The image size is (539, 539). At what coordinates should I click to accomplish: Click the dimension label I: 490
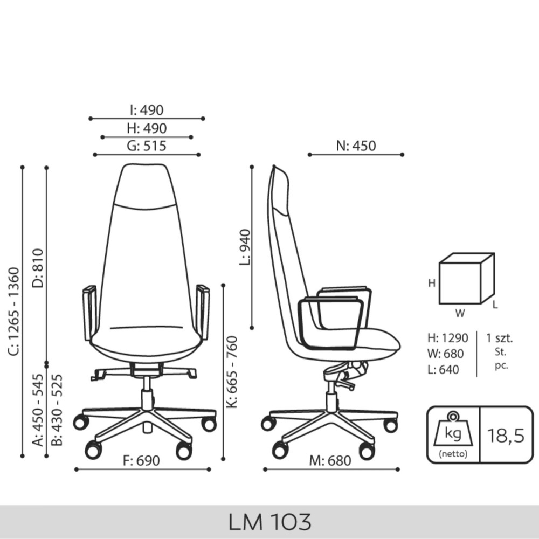click(147, 110)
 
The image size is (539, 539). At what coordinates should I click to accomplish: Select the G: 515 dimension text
click(147, 146)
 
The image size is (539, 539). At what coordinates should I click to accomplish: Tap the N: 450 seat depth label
click(356, 146)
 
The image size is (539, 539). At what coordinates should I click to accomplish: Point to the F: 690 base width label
click(141, 461)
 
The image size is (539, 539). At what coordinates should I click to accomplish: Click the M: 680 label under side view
click(330, 461)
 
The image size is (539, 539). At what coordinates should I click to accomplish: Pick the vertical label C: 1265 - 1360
click(16, 312)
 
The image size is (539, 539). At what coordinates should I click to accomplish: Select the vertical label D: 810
click(38, 268)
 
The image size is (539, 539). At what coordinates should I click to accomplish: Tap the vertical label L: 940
click(245, 247)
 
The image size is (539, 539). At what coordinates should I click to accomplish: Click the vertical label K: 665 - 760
click(232, 372)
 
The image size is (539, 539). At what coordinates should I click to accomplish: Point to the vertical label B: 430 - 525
click(57, 410)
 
